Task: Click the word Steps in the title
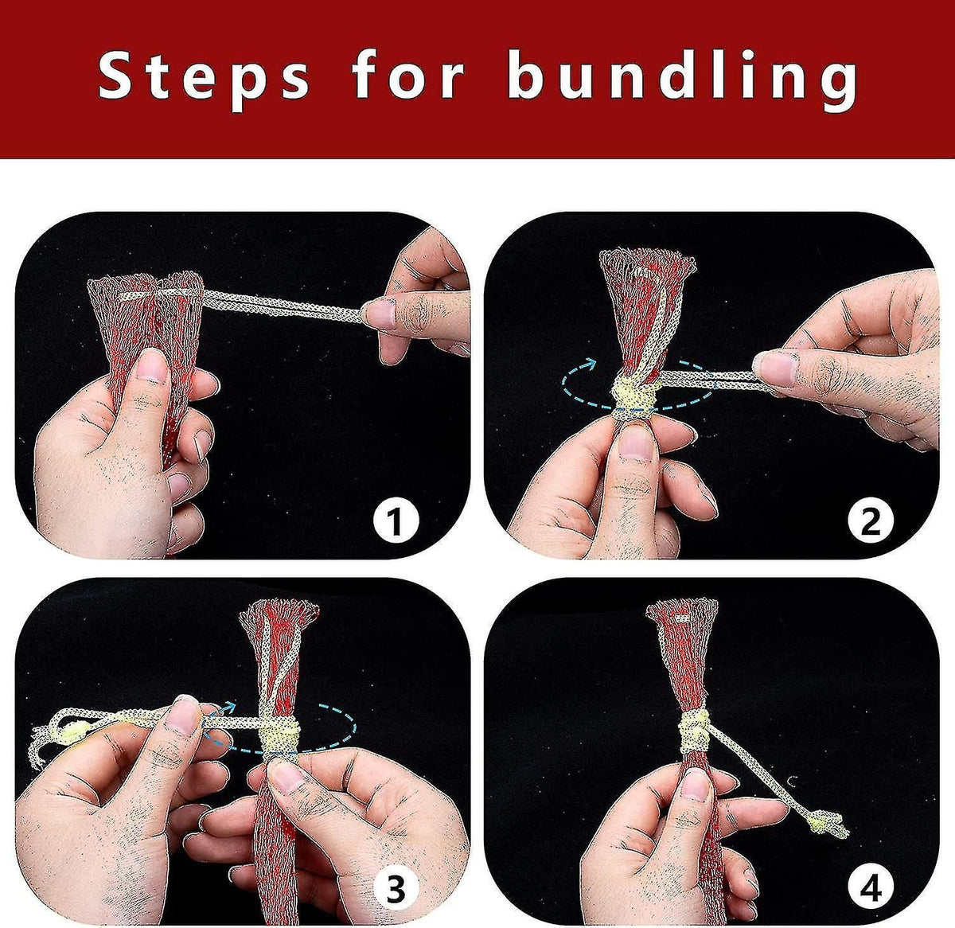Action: pyautogui.click(x=204, y=79)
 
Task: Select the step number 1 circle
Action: pyautogui.click(x=396, y=521)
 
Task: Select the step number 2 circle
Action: pyautogui.click(x=870, y=521)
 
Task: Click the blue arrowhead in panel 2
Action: pyautogui.click(x=589, y=365)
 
